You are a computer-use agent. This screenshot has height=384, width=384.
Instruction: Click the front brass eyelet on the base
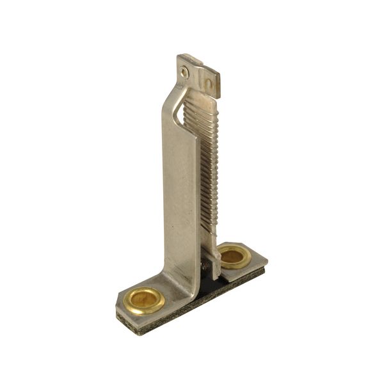pos(144,300)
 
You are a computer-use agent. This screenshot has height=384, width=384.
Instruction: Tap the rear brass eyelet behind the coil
pos(234,256)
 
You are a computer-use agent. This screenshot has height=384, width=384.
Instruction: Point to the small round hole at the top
pos(184,72)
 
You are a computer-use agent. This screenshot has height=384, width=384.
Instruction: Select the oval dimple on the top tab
pos(207,84)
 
